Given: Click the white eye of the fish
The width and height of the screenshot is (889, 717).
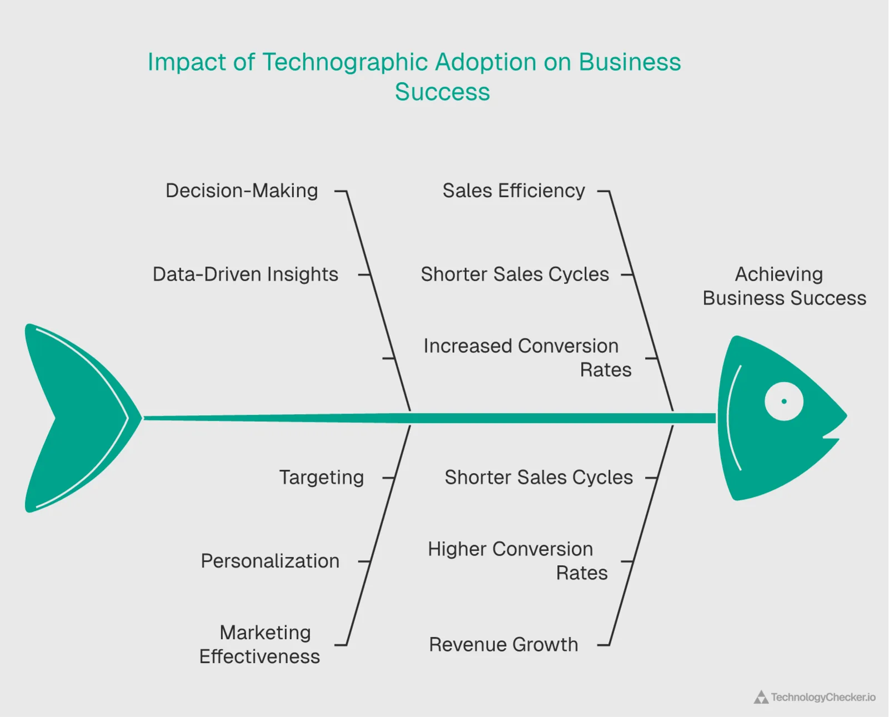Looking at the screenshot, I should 783,401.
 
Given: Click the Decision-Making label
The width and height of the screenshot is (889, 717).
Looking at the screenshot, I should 242,191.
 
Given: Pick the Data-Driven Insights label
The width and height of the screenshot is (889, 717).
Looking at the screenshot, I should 245,274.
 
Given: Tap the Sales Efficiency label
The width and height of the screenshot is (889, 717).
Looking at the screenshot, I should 513,191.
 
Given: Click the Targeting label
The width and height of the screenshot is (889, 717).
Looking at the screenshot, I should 321,477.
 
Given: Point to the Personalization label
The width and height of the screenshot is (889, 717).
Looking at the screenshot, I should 270,561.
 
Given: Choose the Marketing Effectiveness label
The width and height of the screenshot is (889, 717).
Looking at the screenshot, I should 260,644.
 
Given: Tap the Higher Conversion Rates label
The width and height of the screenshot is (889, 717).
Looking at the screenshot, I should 517,561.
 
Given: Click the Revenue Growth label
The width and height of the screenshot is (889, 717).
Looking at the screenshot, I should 503,644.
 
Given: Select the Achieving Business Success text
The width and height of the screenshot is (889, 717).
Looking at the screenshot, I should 784,286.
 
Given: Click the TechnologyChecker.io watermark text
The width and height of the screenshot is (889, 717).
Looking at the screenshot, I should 823,697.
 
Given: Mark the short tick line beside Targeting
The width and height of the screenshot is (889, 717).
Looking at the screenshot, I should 388,477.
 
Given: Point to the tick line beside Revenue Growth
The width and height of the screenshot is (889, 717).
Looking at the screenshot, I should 603,645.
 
